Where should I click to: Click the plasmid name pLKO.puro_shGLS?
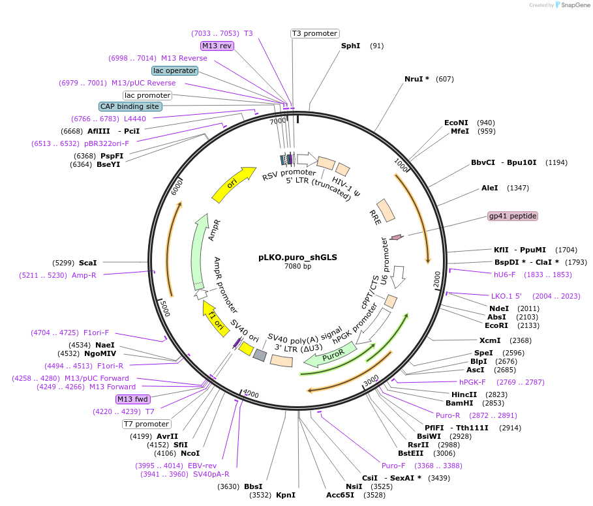point(297,257)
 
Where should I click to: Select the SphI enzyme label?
point(350,46)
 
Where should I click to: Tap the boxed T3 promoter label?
point(314,33)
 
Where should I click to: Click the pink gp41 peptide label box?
point(513,216)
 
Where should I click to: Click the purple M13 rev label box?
point(217,46)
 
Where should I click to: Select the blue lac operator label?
point(174,70)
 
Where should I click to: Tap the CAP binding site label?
point(130,106)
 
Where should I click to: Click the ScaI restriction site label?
point(87,263)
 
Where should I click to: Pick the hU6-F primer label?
point(504,275)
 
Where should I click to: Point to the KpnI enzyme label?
point(286,495)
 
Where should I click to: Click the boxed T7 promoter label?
point(147,424)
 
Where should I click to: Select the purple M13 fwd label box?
point(133,399)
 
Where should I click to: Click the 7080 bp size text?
point(297,266)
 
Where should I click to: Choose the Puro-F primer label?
point(393,466)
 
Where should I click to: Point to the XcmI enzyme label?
point(490,340)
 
